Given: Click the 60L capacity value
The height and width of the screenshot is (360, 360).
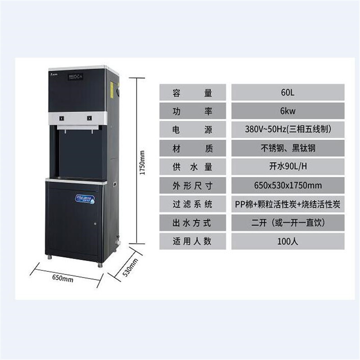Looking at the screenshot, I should (x=288, y=93).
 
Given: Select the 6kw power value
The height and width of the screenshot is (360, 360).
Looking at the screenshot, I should (x=288, y=112).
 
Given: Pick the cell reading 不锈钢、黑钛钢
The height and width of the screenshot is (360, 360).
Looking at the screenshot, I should (x=288, y=148).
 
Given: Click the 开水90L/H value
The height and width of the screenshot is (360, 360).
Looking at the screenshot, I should (x=288, y=167).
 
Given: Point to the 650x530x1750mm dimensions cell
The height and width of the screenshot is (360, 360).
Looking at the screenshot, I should (x=288, y=185).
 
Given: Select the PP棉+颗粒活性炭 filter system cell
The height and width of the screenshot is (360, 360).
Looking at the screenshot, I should (x=288, y=204).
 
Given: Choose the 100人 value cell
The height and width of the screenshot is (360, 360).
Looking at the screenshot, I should (x=288, y=241).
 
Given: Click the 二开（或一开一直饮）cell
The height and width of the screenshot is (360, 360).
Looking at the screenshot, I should (x=288, y=222).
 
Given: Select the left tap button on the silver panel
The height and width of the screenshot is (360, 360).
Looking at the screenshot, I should (x=62, y=118).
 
